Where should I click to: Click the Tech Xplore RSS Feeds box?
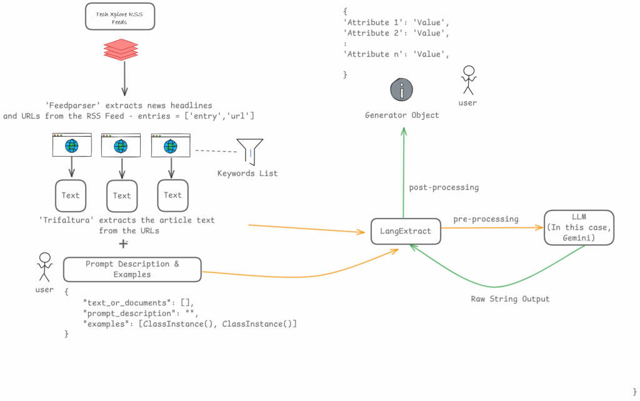click(120, 17)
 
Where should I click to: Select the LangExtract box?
click(406, 231)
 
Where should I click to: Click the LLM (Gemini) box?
click(579, 227)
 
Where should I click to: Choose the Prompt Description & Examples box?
click(132, 269)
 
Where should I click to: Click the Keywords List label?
click(247, 173)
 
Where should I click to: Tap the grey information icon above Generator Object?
click(402, 89)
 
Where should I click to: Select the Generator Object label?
click(402, 115)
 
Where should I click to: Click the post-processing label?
click(444, 187)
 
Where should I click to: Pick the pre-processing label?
click(486, 219)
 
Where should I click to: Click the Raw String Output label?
click(510, 299)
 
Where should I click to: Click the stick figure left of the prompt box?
click(44, 268)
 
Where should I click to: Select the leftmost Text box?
click(71, 196)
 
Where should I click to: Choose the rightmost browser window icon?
click(171, 145)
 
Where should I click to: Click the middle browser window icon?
click(121, 145)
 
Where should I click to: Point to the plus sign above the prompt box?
click(123, 244)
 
